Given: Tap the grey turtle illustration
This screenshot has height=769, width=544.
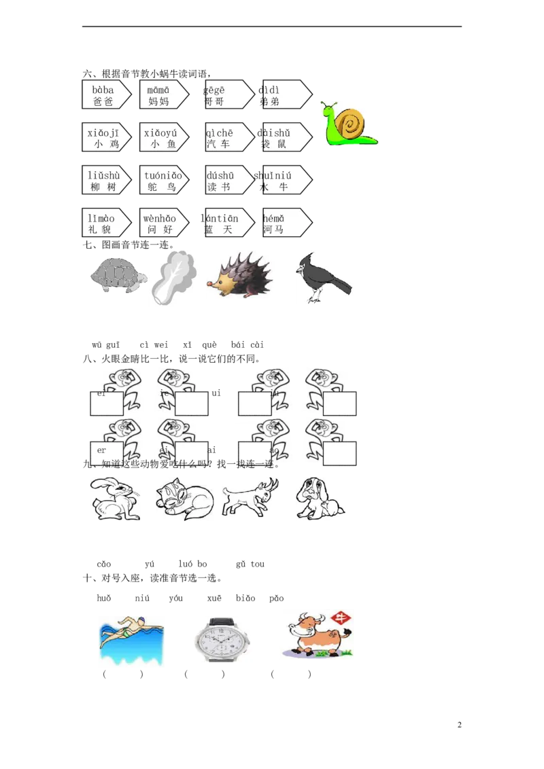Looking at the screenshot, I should pos(118,274).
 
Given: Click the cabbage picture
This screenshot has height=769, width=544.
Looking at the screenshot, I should pos(173,279).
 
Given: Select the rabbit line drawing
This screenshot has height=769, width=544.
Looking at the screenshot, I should pos(114,498).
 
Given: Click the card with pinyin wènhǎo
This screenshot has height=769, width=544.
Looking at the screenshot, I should pos(162,223).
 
